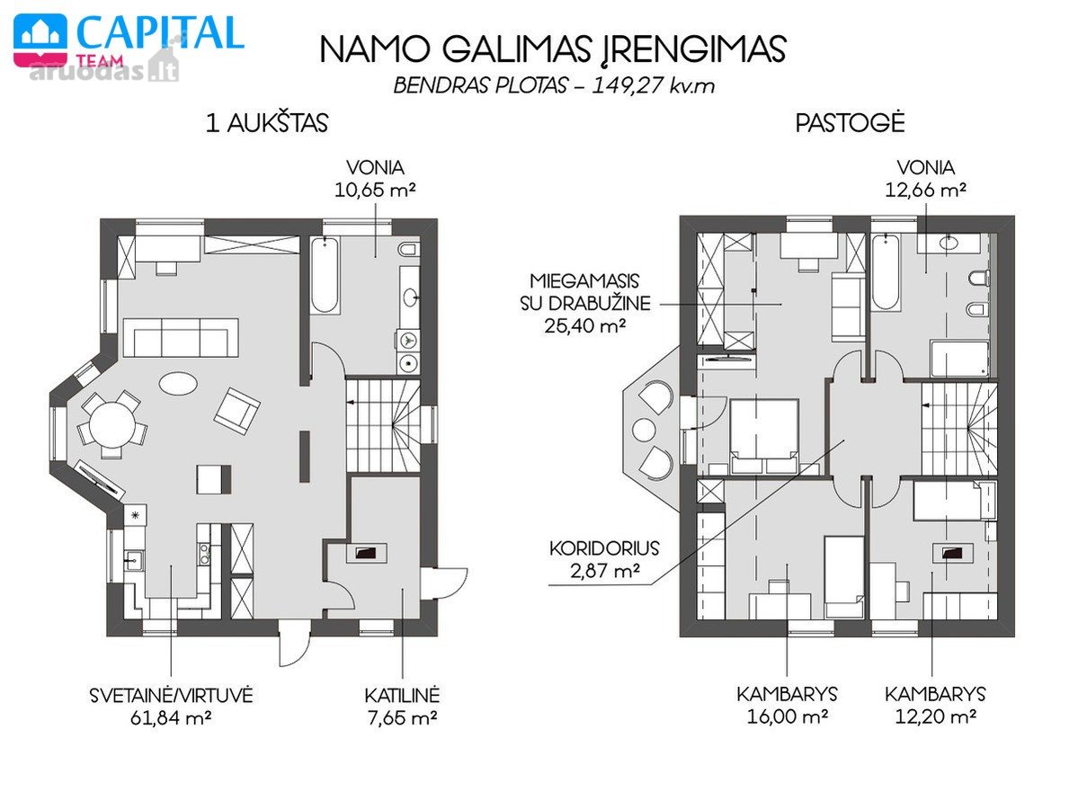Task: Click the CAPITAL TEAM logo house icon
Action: click(40, 40)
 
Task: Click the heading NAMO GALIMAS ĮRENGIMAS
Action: click(553, 49)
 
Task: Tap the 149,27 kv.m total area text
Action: click(654, 86)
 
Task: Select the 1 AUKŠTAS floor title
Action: click(267, 123)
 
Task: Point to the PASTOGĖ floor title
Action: click(850, 123)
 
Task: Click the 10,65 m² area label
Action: click(376, 190)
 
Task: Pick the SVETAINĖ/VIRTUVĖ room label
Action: click(171, 695)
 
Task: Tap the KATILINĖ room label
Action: click(402, 695)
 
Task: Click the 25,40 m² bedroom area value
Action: click(585, 325)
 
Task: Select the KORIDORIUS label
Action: click(604, 547)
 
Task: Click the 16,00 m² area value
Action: click(788, 716)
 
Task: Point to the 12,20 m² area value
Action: click(936, 716)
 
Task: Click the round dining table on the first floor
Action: click(112, 424)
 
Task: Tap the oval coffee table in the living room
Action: click(177, 382)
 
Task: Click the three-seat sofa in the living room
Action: click(181, 337)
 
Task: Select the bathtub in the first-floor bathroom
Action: click(325, 275)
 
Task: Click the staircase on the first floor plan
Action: click(383, 425)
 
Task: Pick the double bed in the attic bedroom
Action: click(764, 437)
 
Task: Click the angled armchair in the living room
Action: click(236, 411)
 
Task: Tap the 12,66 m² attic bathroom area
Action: click(925, 189)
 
